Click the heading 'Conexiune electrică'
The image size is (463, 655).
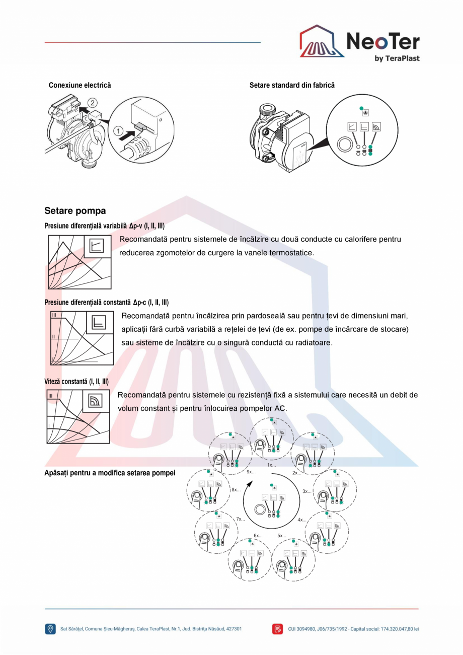[80, 86]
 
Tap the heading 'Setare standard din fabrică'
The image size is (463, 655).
[292, 86]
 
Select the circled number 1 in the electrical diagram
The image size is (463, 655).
[119, 132]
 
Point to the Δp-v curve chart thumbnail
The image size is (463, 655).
[80, 261]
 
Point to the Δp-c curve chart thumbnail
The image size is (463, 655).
[82, 338]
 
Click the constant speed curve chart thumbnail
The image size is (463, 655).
[78, 416]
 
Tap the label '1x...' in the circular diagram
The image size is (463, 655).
[272, 465]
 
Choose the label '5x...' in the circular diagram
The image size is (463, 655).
[282, 536]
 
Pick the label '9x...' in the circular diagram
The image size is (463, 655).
[251, 472]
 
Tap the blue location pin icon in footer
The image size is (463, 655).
[50, 629]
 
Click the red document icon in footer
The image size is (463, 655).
[278, 629]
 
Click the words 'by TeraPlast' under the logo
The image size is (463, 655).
[397, 58]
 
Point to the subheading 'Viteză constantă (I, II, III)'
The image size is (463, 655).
[76, 381]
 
